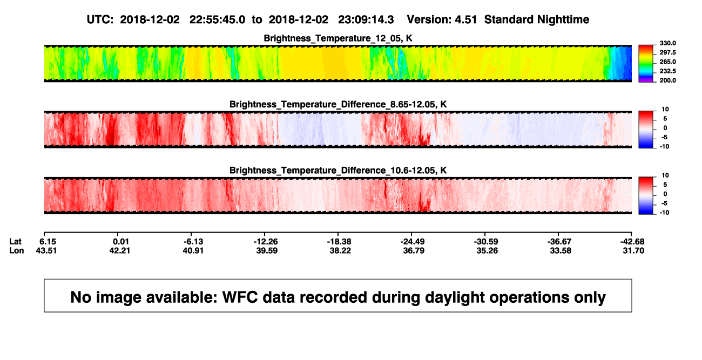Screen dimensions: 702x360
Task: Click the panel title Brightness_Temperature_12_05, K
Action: coord(338,38)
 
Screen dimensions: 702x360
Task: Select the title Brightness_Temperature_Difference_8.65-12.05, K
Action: coord(338,105)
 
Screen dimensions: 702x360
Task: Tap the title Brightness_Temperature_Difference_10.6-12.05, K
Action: coord(338,171)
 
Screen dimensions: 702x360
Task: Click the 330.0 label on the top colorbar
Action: coord(667,43)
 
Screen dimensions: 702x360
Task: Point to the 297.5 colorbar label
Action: coord(667,52)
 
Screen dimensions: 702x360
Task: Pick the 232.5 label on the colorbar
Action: coord(667,71)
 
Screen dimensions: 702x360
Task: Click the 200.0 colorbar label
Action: coord(667,80)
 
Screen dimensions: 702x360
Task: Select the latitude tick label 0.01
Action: coord(120,242)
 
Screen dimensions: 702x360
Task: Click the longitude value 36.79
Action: coord(414,250)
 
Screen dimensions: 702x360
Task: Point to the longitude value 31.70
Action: coord(633,250)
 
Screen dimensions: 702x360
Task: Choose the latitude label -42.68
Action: coord(632,242)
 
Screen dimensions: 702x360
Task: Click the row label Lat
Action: coord(15,242)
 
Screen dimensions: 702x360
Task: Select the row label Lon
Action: coord(17,250)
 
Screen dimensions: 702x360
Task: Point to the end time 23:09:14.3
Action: coord(366,20)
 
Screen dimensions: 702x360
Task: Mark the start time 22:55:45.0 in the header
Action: coord(217,20)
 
